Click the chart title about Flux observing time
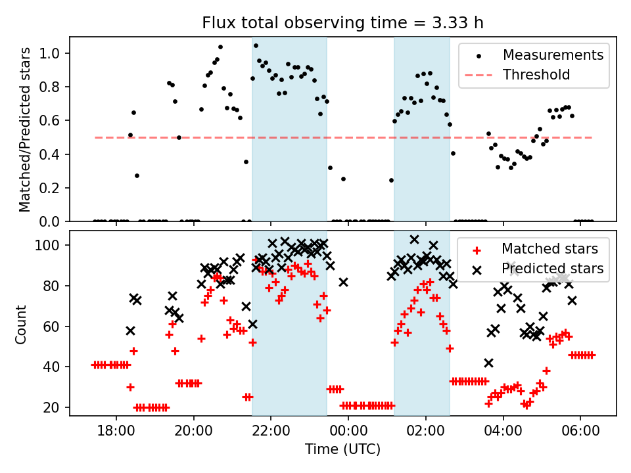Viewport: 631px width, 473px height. point(342,24)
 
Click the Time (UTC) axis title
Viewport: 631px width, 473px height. point(342,450)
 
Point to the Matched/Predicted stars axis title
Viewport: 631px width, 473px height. point(25,129)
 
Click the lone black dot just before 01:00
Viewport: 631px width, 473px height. point(391,180)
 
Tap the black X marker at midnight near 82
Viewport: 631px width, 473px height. point(343,282)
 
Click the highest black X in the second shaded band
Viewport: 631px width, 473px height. point(415,239)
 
